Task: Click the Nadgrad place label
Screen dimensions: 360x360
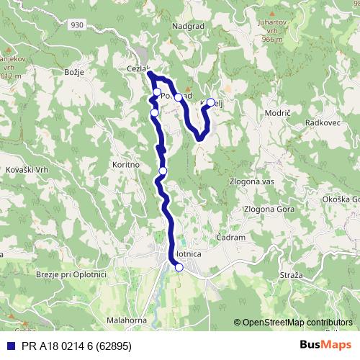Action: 189,27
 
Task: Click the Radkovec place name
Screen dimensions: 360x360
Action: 321,123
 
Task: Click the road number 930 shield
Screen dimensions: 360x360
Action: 78,24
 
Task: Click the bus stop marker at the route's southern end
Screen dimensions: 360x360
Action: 179,268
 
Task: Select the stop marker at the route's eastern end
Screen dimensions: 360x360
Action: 211,102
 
